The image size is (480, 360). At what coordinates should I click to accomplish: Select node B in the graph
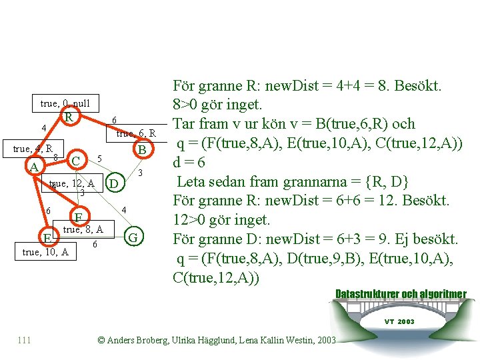pyautogui.click(x=141, y=149)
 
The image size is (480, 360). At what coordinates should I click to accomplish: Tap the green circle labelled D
pyautogui.click(x=115, y=183)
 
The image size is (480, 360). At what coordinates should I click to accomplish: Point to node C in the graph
pyautogui.click(x=77, y=161)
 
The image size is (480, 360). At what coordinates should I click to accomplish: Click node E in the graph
pyautogui.click(x=47, y=237)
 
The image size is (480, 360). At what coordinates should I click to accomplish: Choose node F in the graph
pyautogui.click(x=78, y=217)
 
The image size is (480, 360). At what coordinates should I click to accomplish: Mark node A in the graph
pyautogui.click(x=33, y=167)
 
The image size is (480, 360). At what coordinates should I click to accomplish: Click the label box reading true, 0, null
pyautogui.click(x=65, y=103)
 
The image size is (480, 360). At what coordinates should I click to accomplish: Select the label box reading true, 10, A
pyautogui.click(x=45, y=252)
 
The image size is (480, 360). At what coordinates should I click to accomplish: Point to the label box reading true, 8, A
pyautogui.click(x=83, y=229)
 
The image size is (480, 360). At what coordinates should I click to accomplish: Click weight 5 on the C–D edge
pyautogui.click(x=99, y=159)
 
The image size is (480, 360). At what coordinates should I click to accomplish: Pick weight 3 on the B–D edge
pyautogui.click(x=141, y=173)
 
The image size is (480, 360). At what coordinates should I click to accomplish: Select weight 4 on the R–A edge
pyautogui.click(x=43, y=128)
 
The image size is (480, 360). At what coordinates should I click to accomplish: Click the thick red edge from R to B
pyautogui.click(x=107, y=130)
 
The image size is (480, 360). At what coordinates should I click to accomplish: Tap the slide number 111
pyautogui.click(x=25, y=340)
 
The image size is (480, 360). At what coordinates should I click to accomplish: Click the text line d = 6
pyautogui.click(x=189, y=162)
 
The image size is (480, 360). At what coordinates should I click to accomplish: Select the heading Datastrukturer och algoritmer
pyautogui.click(x=400, y=294)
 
